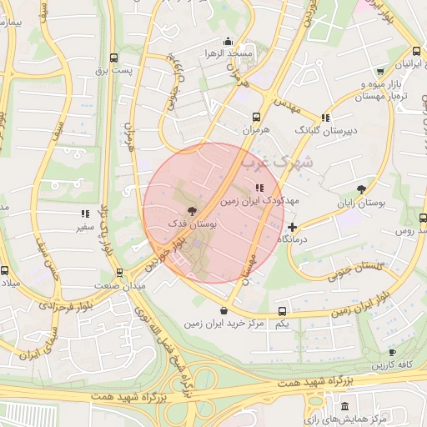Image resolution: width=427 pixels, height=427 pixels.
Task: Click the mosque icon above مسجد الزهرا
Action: [x=228, y=41]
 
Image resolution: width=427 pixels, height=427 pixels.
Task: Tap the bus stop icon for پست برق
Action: [x=114, y=58]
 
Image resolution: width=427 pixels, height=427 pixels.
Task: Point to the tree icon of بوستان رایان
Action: [x=361, y=190]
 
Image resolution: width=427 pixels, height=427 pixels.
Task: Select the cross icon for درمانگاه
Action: [x=291, y=226]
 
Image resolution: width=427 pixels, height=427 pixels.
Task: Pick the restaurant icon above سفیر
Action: [x=84, y=214]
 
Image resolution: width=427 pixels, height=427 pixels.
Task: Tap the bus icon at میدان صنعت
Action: [x=119, y=272]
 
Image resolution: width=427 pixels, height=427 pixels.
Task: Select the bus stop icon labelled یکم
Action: [x=281, y=311]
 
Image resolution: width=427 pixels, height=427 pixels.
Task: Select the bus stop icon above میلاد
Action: [x=4, y=270]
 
